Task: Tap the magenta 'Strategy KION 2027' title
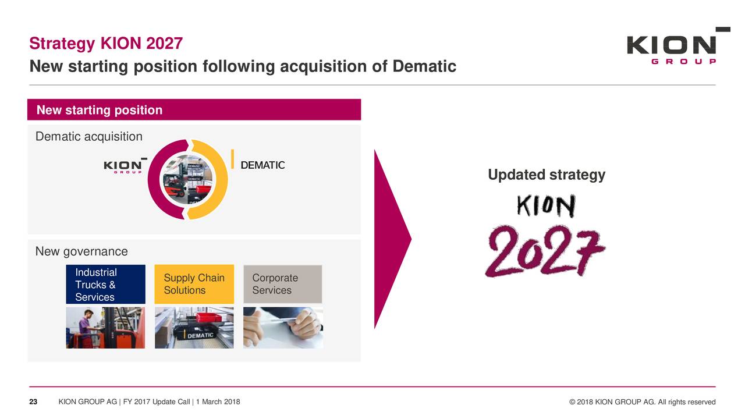pyautogui.click(x=106, y=44)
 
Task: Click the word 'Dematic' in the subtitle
pyautogui.click(x=424, y=66)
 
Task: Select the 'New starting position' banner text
pyautogui.click(x=100, y=110)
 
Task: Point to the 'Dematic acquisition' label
pyautogui.click(x=89, y=136)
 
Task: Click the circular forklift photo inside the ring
pyautogui.click(x=187, y=180)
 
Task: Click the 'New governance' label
pyautogui.click(x=81, y=251)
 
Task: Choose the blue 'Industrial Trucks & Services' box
pyautogui.click(x=105, y=285)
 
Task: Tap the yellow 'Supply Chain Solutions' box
pyautogui.click(x=194, y=284)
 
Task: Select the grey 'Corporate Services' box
pyautogui.click(x=283, y=284)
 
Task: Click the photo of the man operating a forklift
pyautogui.click(x=105, y=328)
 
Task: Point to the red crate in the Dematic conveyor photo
pyautogui.click(x=208, y=317)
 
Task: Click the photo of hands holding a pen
pyautogui.click(x=283, y=328)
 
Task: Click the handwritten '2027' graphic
pyautogui.click(x=545, y=251)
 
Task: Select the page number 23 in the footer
pyautogui.click(x=33, y=402)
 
